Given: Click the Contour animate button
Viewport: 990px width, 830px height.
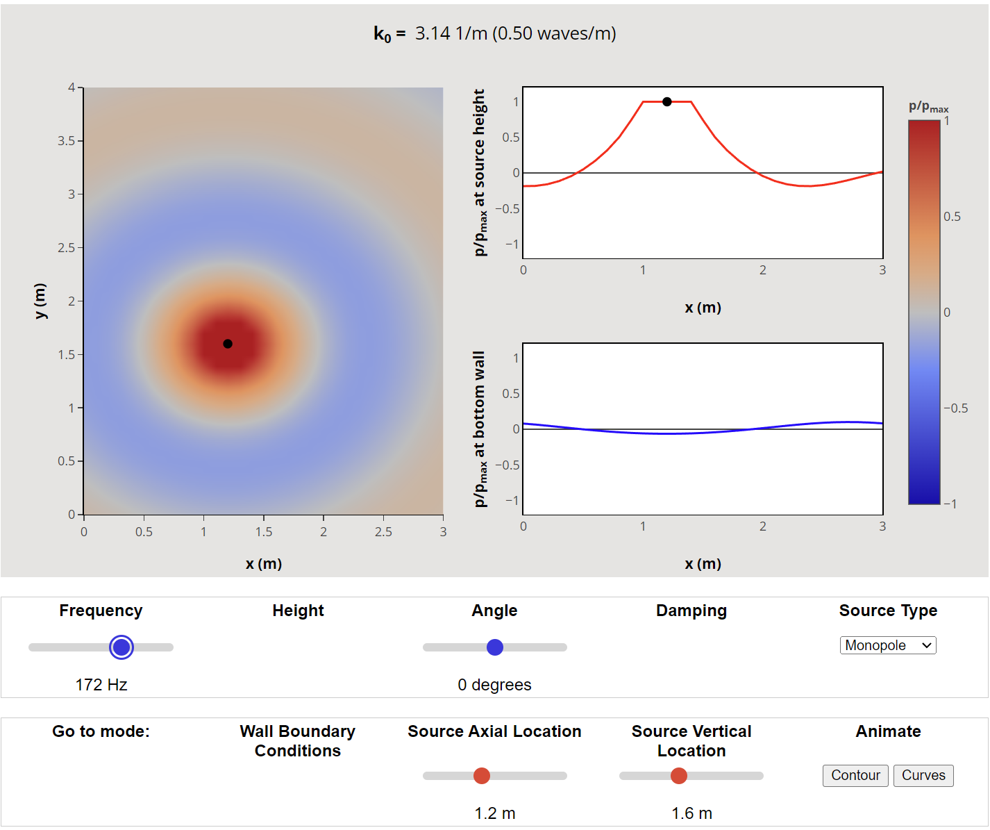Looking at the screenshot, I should (x=855, y=775).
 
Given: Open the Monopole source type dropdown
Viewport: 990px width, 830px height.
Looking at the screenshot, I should (x=888, y=645).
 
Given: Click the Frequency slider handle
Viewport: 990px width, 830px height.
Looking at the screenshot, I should (x=121, y=647).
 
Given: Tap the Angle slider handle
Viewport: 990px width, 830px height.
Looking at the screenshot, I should (x=495, y=647).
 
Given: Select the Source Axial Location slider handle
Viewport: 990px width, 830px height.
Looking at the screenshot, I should (x=482, y=776).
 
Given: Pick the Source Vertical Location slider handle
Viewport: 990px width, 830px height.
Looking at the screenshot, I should (x=679, y=776).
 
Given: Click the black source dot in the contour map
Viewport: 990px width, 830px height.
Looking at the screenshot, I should (x=228, y=344).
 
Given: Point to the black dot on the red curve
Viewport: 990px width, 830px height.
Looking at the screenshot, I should (x=667, y=102).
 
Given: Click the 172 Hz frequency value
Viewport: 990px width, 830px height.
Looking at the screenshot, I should (x=101, y=685).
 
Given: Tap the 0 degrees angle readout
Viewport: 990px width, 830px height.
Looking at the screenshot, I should (x=494, y=685).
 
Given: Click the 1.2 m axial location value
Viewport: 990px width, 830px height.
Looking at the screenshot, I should (x=494, y=813).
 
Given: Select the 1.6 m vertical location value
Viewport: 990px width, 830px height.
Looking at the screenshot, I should (x=691, y=813).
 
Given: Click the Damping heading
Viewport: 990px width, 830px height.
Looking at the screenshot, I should (x=691, y=611).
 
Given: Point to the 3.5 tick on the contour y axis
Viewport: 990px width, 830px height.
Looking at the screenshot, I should (x=67, y=141).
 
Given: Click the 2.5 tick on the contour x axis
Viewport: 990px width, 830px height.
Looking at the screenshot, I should (x=383, y=532).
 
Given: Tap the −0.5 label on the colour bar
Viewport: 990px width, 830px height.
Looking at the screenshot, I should (x=956, y=408).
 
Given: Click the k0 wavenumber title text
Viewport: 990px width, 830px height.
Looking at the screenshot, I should (x=494, y=33).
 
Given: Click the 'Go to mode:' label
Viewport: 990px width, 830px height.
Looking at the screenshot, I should (x=101, y=731).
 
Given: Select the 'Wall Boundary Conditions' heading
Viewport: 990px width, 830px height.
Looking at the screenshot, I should (x=298, y=741).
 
